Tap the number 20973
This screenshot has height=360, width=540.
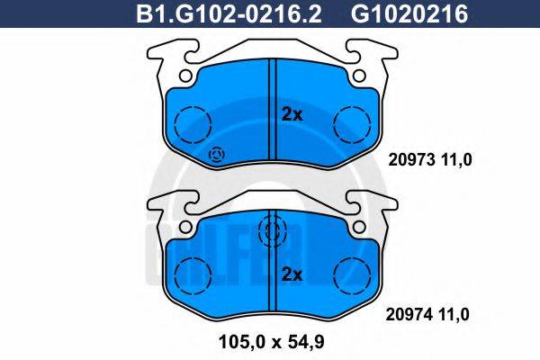point(406,161)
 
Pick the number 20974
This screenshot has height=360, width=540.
point(406,315)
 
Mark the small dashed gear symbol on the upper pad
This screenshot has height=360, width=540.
point(217,157)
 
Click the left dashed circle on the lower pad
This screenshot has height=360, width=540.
point(192,272)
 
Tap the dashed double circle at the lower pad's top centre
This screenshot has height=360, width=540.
point(271,232)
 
